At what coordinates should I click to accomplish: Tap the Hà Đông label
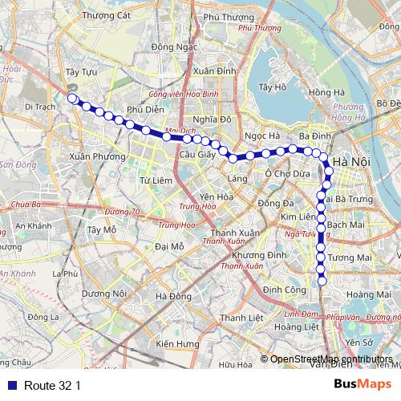(174, 296)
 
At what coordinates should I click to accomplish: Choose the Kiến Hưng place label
(177, 344)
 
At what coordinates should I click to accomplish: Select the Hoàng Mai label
(369, 295)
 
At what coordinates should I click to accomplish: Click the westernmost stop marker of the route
(71, 99)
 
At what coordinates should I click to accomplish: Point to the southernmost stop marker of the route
(322, 280)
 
